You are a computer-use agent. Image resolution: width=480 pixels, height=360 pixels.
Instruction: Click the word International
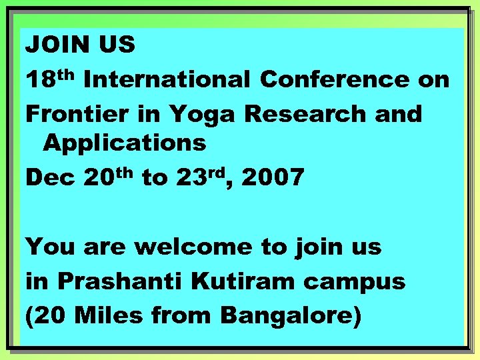pos(167,80)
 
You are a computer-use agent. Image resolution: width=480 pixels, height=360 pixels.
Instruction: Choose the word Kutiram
pos(234,281)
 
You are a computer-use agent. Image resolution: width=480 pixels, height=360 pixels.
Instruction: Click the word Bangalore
pos(290,315)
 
